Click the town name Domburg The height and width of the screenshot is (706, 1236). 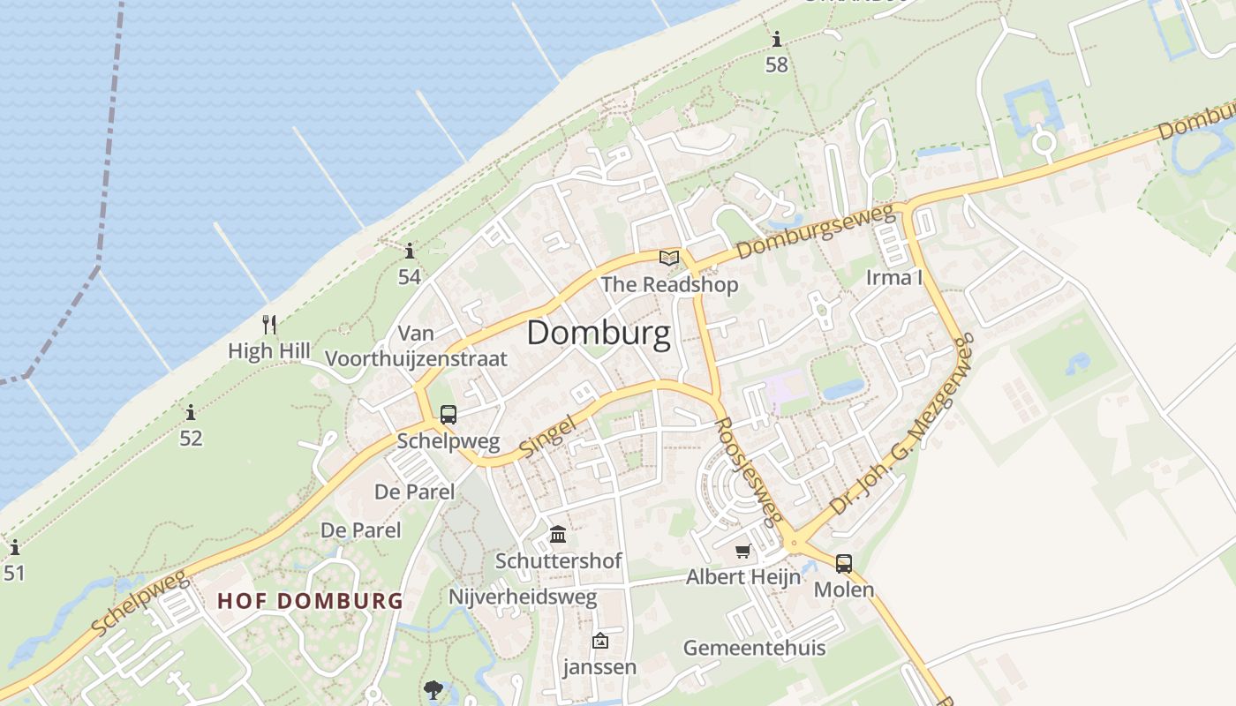(599, 334)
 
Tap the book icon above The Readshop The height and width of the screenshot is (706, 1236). (670, 258)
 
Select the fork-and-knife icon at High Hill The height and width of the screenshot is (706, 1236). (269, 325)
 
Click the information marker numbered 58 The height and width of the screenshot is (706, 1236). (777, 40)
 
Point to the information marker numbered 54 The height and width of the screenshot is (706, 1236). (409, 251)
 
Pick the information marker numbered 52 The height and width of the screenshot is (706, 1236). (191, 412)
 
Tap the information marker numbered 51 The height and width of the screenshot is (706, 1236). (14, 548)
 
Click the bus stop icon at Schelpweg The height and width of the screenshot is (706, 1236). (448, 415)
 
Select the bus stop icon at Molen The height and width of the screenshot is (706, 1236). (844, 563)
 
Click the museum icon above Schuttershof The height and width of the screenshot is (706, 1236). (558, 535)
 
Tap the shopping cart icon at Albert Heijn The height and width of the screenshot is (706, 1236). (743, 552)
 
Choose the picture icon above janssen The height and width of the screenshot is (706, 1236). (600, 641)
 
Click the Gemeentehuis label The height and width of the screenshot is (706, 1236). (755, 648)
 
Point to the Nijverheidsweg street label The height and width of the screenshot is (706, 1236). (523, 597)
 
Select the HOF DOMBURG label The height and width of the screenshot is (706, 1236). (310, 601)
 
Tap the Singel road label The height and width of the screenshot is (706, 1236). (546, 436)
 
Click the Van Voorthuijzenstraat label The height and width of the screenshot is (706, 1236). (417, 346)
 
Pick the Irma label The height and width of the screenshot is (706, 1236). (893, 278)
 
